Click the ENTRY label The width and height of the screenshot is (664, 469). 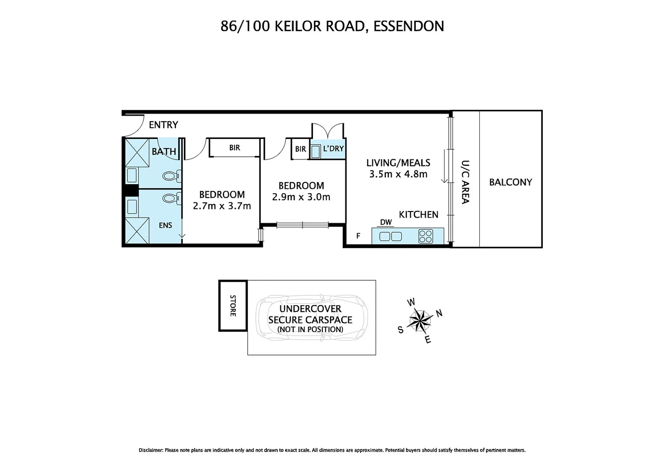pos(163,125)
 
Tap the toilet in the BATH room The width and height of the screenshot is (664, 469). pos(172,176)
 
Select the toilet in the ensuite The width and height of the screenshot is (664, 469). pos(172,198)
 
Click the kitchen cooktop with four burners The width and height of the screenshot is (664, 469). pos(425,236)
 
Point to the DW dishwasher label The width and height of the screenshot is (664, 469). pos(386,222)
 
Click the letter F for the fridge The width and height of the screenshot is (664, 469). pos(359,236)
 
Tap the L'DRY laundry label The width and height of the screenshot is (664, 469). pos(333,149)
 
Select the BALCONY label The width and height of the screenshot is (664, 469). pos(511,182)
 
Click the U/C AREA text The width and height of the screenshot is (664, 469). pos(465,182)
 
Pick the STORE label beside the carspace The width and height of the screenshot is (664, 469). pos(233,306)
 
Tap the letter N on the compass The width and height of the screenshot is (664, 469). pos(439,313)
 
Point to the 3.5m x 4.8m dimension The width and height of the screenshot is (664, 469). pos(398,174)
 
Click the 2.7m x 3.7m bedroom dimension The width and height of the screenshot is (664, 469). pos(222,205)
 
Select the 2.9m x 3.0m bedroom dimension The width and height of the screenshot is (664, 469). pos(301,197)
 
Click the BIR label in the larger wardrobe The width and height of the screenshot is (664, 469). pos(235,148)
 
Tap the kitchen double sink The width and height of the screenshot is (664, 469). pos(391,236)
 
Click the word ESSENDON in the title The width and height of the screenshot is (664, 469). pos(408,26)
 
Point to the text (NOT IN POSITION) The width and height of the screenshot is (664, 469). pos(310,329)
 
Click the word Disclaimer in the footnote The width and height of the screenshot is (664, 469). pos(151,450)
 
